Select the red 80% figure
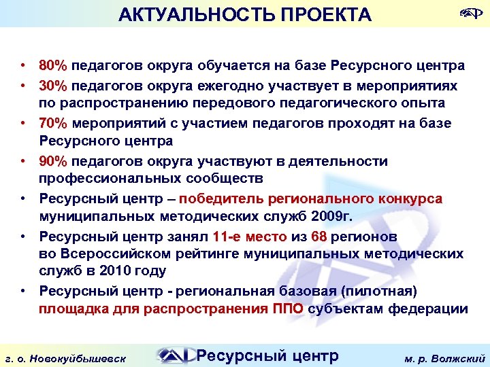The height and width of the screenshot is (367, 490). pos(53,67)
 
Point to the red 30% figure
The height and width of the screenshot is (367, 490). pos(53,86)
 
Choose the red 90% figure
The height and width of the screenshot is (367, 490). pos(53,162)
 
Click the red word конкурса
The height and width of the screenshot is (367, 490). pos(408,199)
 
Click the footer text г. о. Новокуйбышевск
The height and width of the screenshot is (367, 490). pos(74,357)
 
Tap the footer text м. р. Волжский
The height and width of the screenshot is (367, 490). pos(443,357)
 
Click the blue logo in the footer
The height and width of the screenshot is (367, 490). pos(174,355)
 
